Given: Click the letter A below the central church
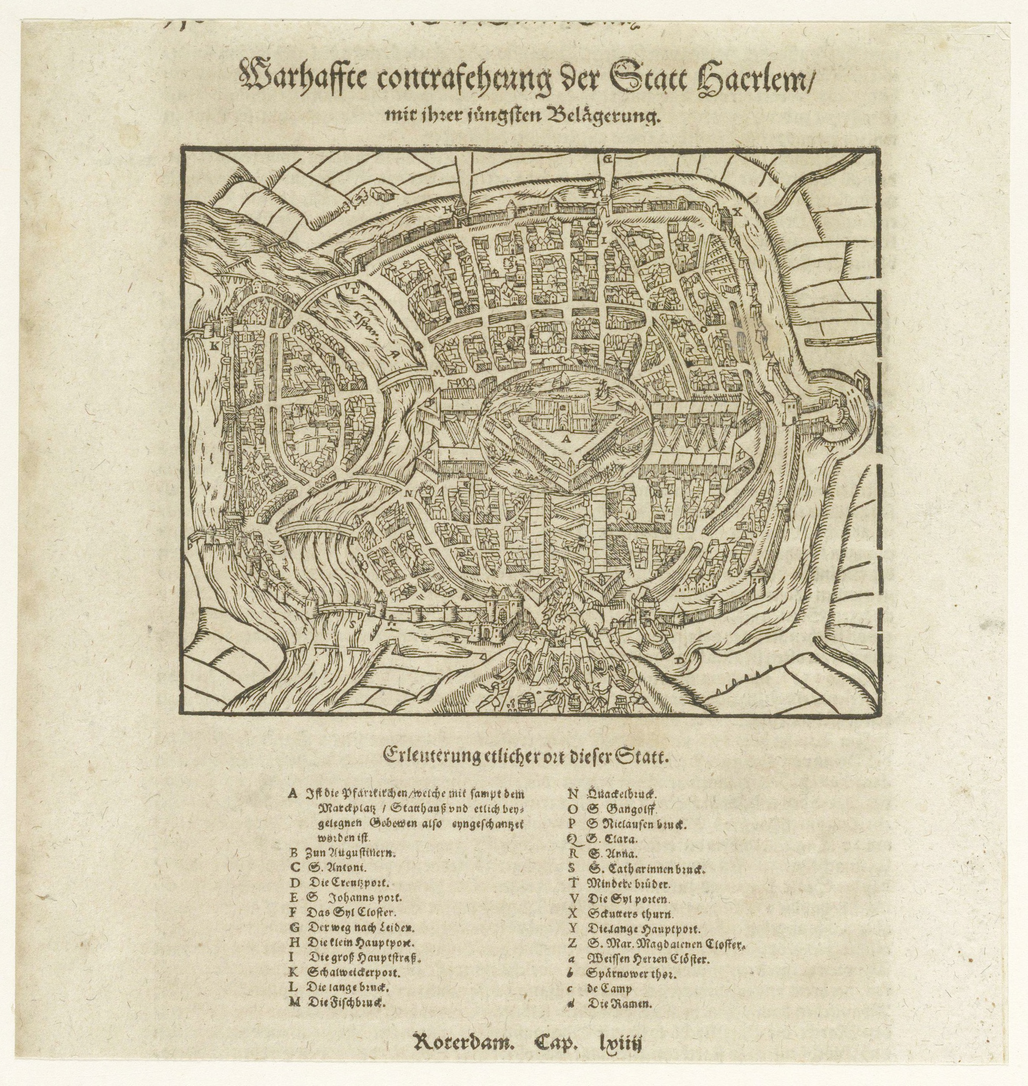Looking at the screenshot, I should click(565, 439).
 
